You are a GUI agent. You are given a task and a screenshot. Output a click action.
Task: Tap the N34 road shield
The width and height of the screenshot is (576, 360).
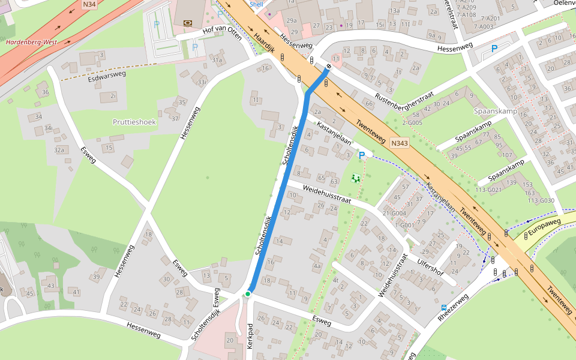point(89,5)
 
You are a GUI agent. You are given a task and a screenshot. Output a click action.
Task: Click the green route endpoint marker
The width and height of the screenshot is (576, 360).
point(247,294)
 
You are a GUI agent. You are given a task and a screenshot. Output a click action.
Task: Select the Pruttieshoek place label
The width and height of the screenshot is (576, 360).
point(134,122)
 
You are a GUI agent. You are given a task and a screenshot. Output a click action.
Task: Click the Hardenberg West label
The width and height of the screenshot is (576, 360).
point(31,43)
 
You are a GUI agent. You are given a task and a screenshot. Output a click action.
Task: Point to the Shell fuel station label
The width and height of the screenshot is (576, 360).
point(256,4)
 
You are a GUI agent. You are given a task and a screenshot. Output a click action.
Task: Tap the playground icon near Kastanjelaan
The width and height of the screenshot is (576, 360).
point(356,178)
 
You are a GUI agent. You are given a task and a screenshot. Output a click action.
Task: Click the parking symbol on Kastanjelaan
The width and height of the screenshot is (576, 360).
point(361,155)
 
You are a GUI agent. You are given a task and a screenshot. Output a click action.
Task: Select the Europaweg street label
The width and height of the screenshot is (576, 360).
point(544,222)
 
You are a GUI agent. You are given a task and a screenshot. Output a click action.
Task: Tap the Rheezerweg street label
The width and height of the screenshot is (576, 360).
point(453,307)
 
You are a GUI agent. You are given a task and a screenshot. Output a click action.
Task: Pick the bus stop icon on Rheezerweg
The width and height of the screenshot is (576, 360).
point(444,307)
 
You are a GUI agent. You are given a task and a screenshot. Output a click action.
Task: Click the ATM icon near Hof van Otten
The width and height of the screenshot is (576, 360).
point(188,22)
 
